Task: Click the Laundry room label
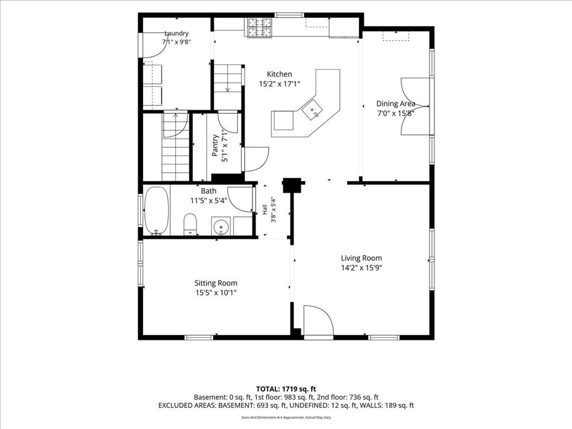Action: point(177,33)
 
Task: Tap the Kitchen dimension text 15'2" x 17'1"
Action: point(279,84)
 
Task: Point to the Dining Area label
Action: point(396,103)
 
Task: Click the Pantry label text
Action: point(215,145)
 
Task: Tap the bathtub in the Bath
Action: point(157,211)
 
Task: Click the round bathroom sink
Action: point(221,227)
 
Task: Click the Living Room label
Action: point(361,258)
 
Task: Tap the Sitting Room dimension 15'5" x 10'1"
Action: point(216,293)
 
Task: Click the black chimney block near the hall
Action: point(292,185)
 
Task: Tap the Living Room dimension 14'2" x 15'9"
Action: point(361,268)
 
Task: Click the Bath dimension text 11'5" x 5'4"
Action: point(209,201)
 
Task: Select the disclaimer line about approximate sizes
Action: point(286,417)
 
